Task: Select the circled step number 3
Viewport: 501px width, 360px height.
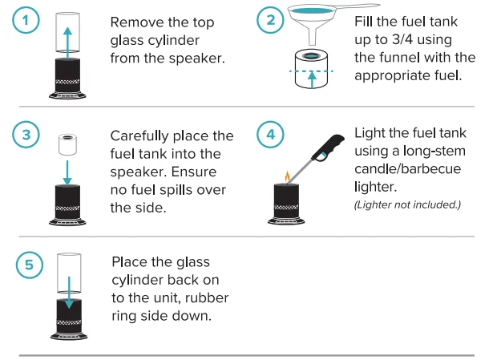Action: click(29, 135)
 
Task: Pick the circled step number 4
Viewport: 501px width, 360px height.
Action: click(271, 135)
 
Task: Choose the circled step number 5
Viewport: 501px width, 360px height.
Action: click(29, 265)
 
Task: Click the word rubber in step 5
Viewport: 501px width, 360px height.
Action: click(211, 297)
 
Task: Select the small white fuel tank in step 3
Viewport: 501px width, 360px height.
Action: click(67, 144)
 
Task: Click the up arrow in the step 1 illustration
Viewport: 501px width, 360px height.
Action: click(67, 40)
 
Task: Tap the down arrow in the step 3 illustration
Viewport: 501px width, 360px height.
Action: click(67, 170)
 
